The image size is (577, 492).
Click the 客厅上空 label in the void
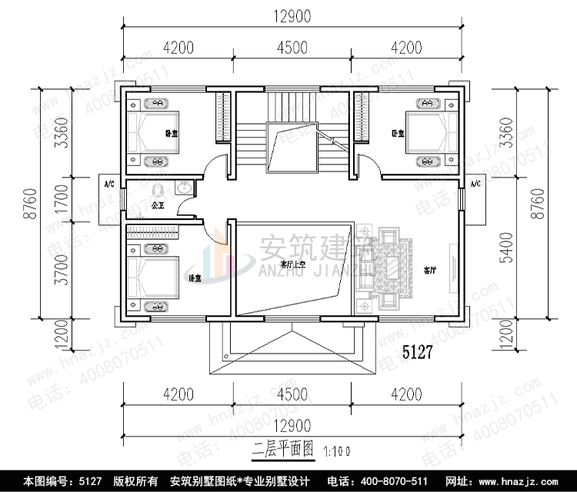click(x=293, y=265)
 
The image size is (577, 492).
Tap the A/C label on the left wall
click(x=109, y=184)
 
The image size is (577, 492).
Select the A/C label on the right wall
click(x=475, y=184)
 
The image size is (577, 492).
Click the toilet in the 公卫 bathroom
click(x=158, y=189)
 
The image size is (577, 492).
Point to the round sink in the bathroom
click(x=185, y=188)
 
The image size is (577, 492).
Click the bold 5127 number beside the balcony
click(x=419, y=354)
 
